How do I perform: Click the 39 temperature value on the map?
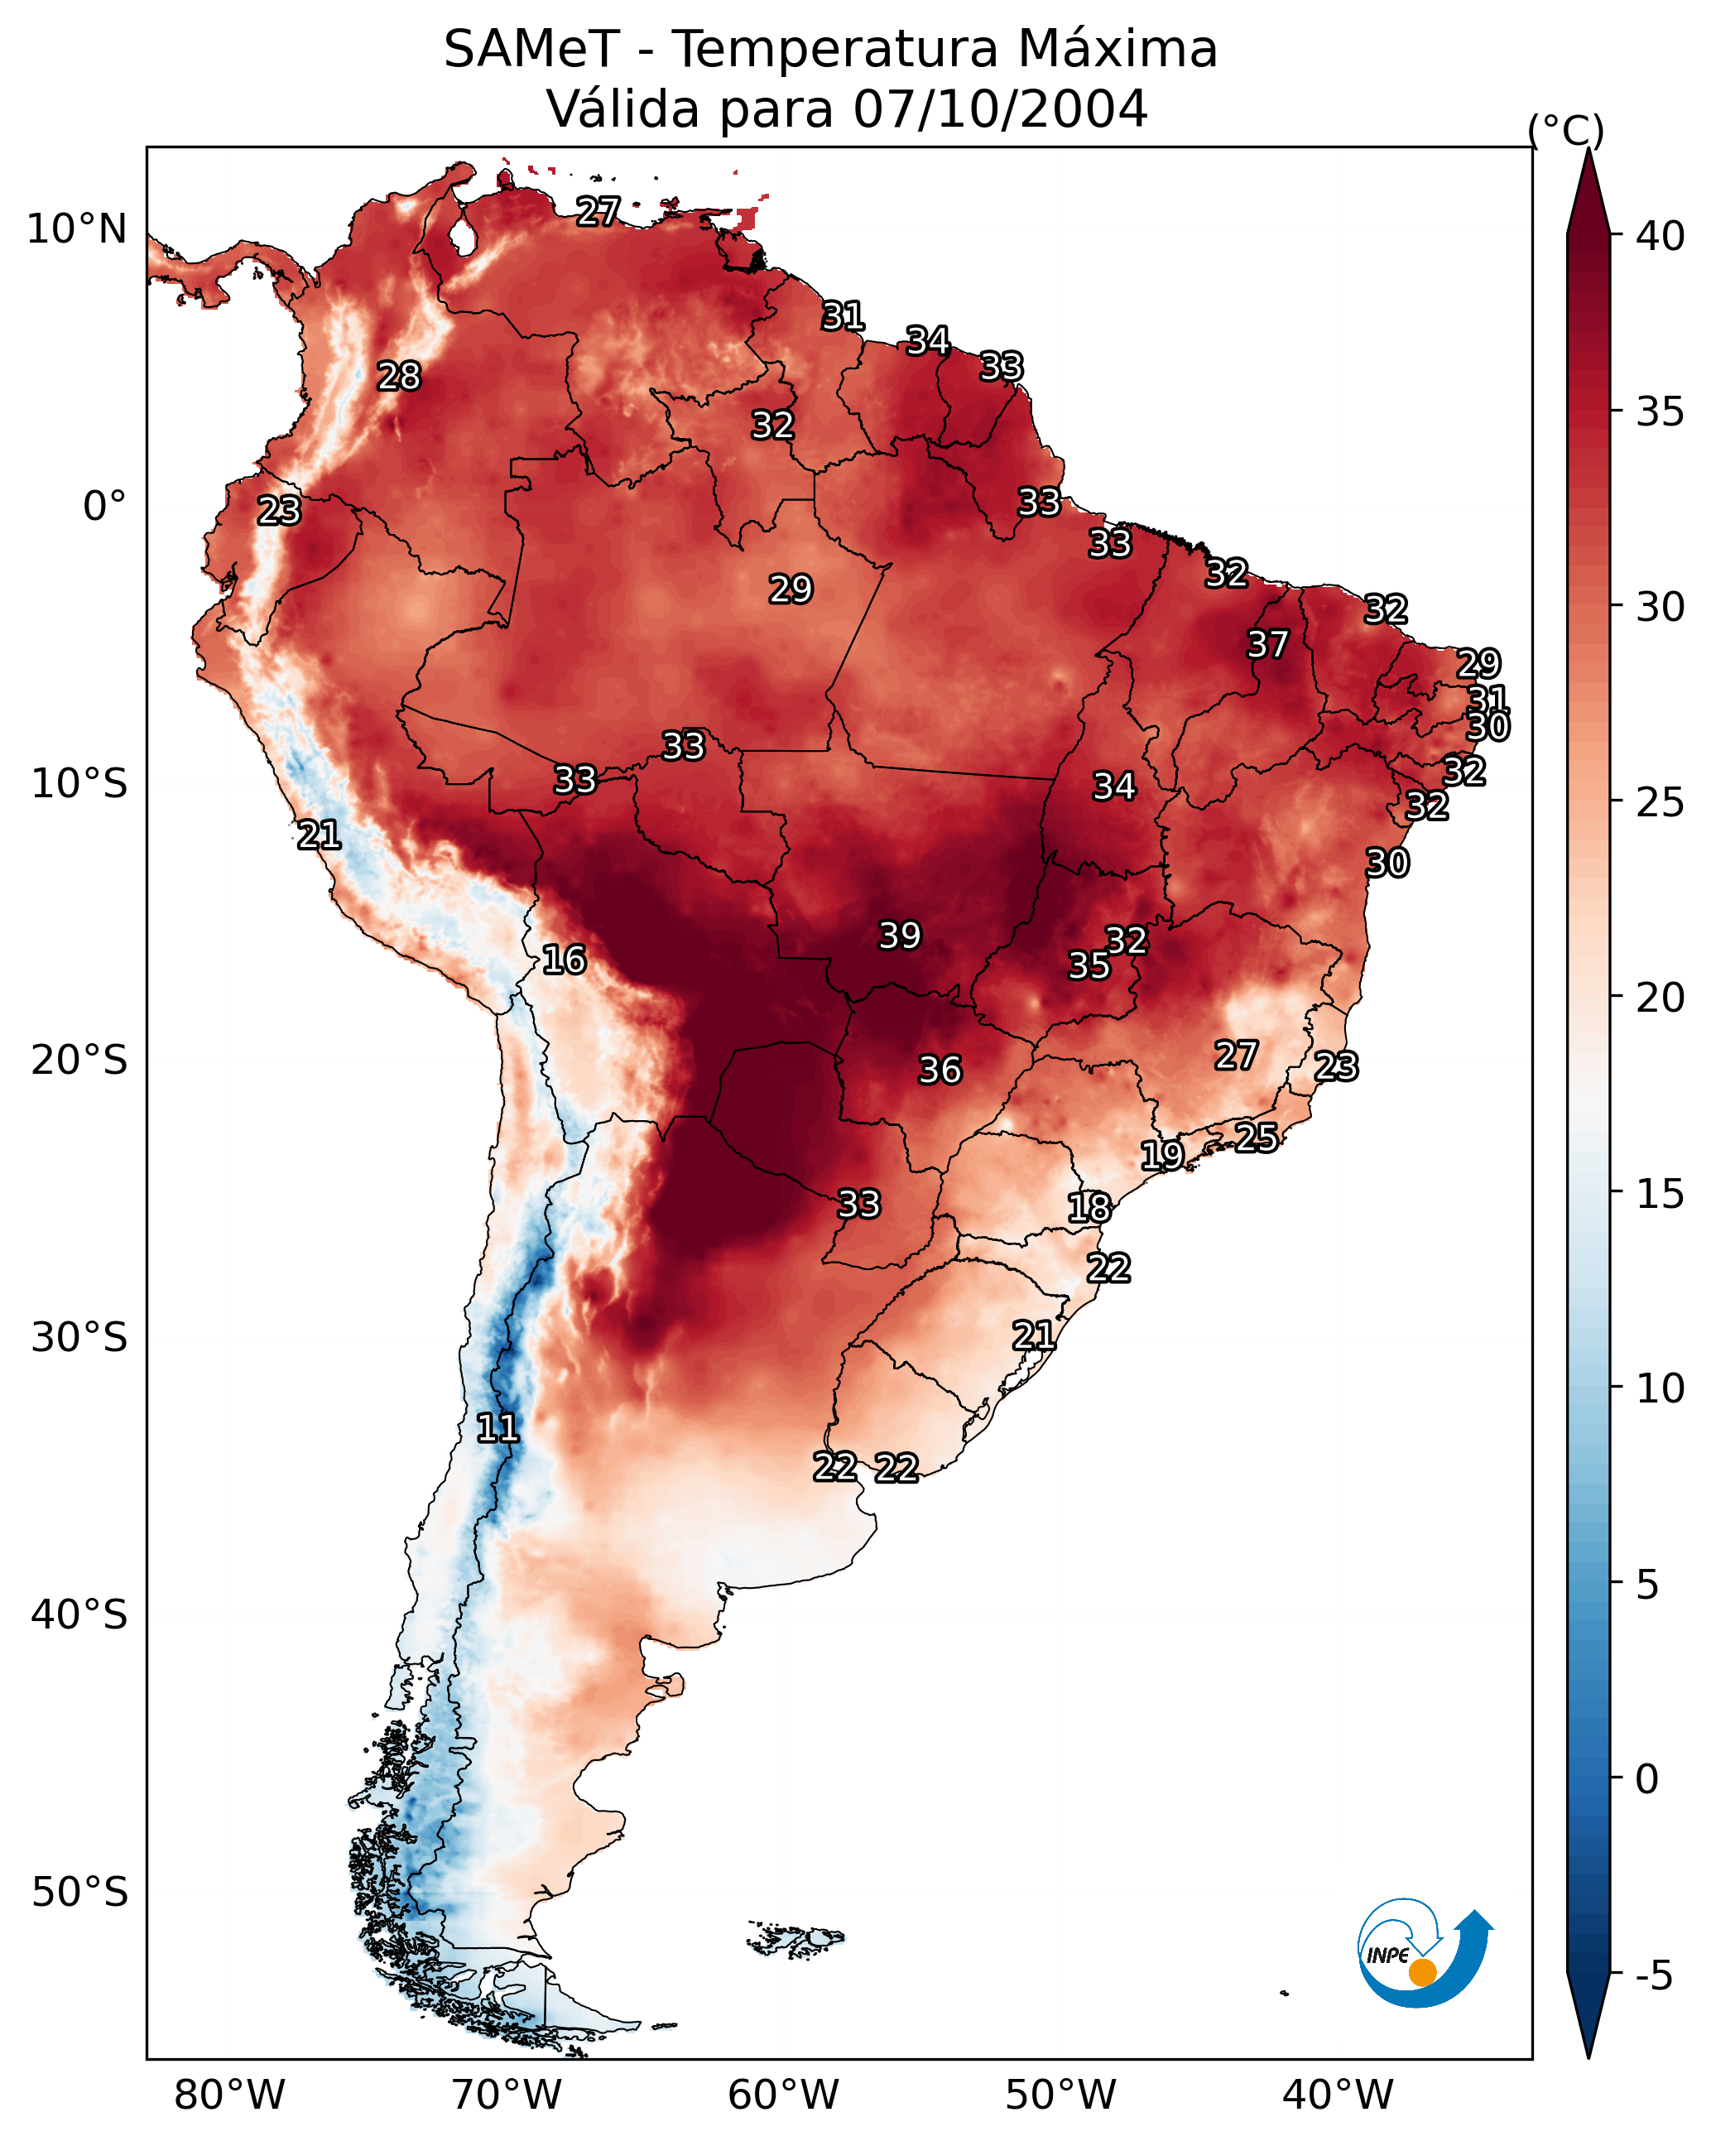click(900, 936)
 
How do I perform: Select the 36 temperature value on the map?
click(940, 1070)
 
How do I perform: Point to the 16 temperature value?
click(564, 960)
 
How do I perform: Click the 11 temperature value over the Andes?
click(497, 1428)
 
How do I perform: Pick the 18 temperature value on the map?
click(1089, 1208)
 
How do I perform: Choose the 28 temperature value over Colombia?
click(399, 377)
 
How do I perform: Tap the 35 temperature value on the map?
click(1089, 965)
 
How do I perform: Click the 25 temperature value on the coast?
click(1257, 1137)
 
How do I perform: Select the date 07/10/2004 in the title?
click(1000, 108)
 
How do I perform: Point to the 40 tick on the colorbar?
click(1660, 236)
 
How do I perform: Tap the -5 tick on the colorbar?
click(1653, 1975)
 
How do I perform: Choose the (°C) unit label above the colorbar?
click(1566, 130)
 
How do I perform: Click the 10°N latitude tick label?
click(76, 229)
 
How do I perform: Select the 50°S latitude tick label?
click(79, 1893)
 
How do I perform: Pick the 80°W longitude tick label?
click(229, 2095)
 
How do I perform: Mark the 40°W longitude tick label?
click(1338, 2095)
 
